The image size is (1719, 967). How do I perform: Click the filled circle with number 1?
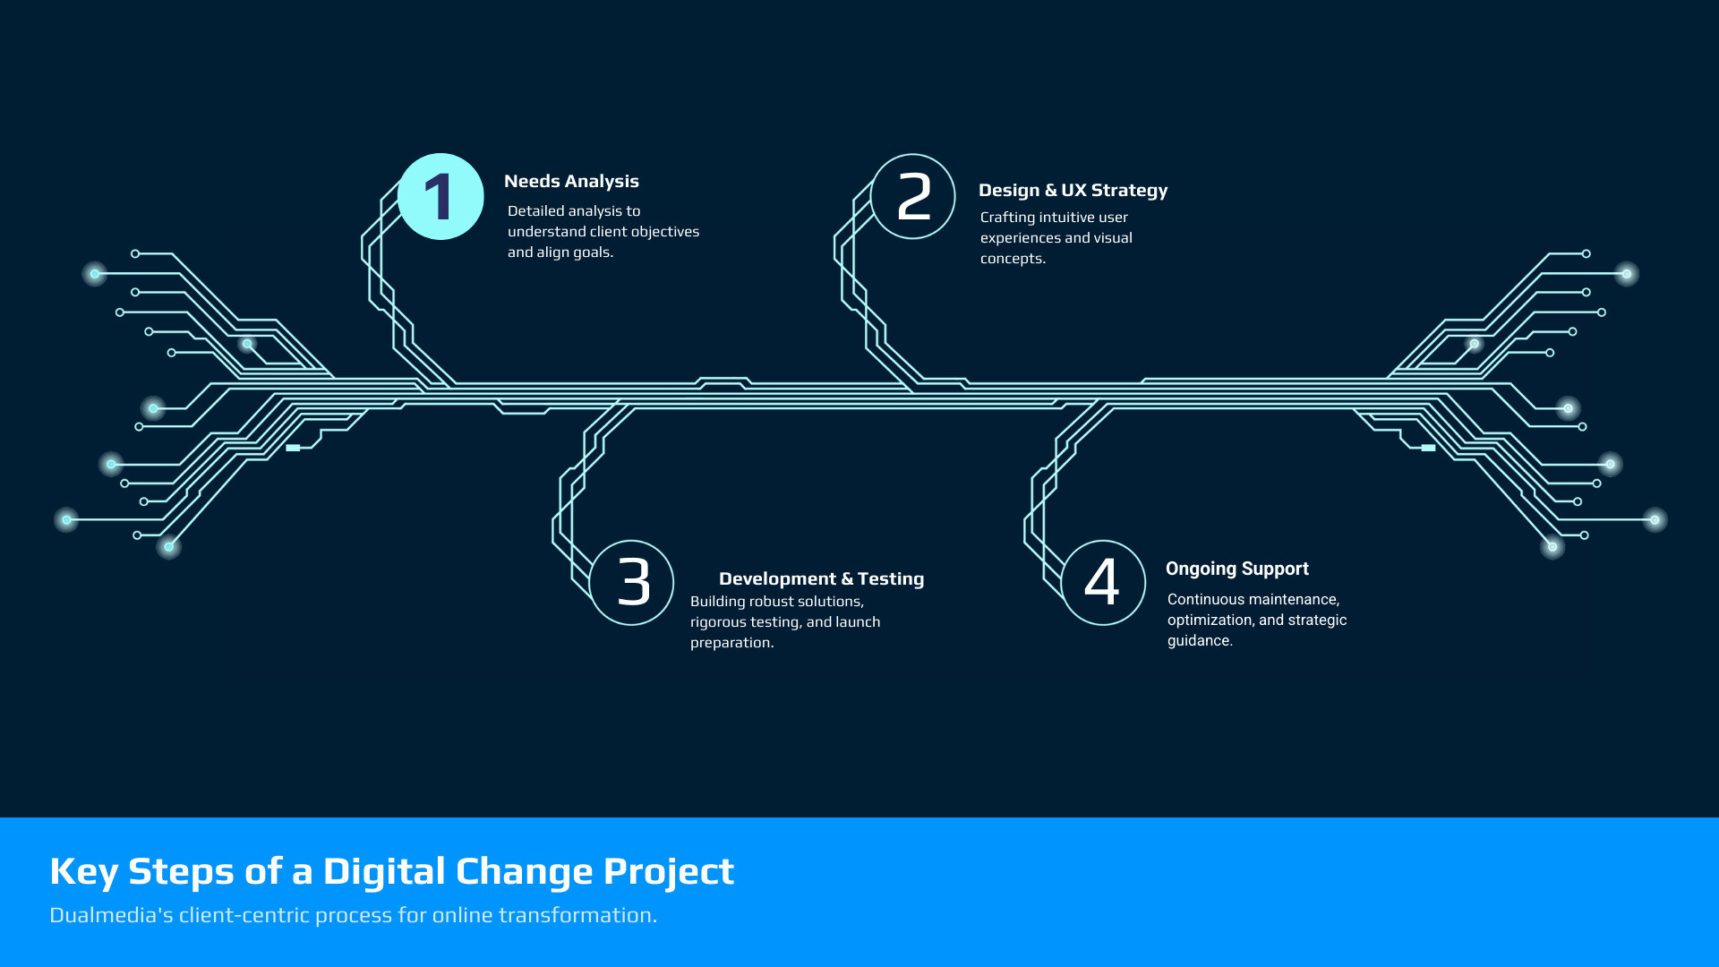click(440, 197)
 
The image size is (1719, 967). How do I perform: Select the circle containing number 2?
click(913, 154)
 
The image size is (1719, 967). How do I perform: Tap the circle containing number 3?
click(631, 541)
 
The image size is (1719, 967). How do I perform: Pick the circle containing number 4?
click(1103, 541)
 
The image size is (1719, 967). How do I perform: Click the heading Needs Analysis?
click(571, 182)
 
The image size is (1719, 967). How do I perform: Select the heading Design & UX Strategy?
click(1073, 191)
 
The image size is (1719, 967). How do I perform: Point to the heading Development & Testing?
click(821, 579)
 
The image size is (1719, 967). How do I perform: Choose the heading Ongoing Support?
click(1237, 569)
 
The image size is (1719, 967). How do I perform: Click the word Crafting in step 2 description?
click(1007, 218)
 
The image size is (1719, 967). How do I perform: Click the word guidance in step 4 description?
click(1200, 641)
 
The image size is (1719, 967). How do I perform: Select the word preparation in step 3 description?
click(731, 643)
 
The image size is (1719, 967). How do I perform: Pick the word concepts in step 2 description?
click(1013, 259)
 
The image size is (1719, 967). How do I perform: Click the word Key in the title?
click(83, 872)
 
